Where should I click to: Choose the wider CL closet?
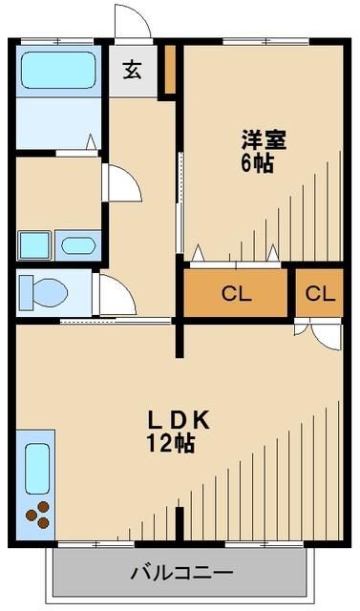coord(236,293)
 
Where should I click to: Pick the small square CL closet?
coord(320,293)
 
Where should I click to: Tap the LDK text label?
coord(178,421)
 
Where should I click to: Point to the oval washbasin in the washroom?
coord(77,245)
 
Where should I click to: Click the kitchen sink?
coord(37,469)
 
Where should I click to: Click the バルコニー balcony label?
coord(180,574)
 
